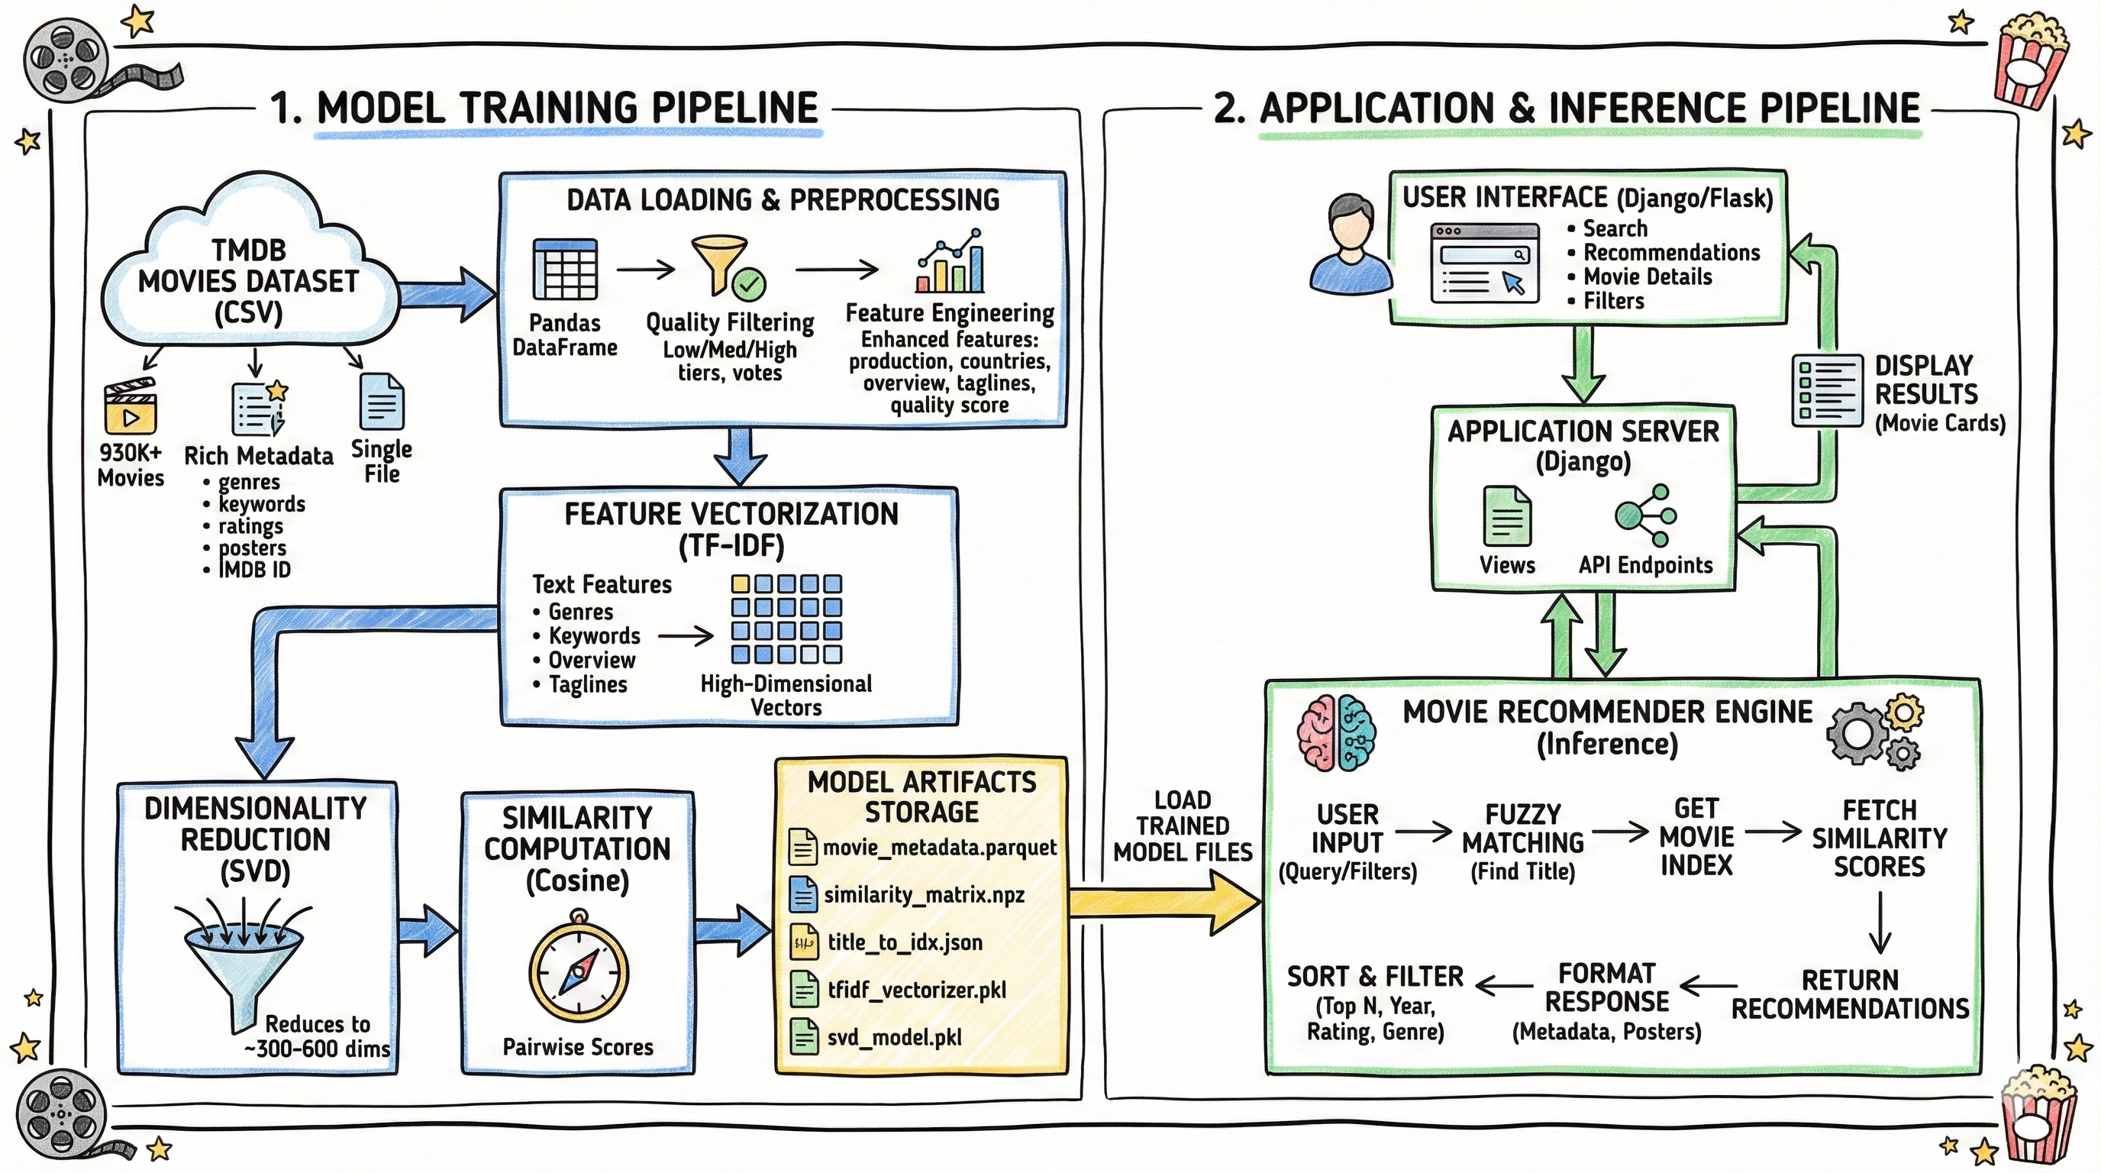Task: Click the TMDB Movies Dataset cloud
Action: pyautogui.click(x=248, y=269)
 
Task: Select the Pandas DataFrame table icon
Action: pyautogui.click(x=564, y=269)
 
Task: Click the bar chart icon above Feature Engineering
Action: pyautogui.click(x=951, y=263)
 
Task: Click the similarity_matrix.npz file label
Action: pyautogui.click(x=923, y=895)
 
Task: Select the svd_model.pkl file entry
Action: pyautogui.click(x=894, y=1038)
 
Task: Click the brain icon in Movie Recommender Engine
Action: pyautogui.click(x=1336, y=732)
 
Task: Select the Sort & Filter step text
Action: pyautogui.click(x=1375, y=977)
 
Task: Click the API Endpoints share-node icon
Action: pyautogui.click(x=1646, y=515)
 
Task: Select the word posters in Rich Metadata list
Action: pyautogui.click(x=252, y=548)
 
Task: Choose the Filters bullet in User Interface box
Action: pyautogui.click(x=1613, y=301)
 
